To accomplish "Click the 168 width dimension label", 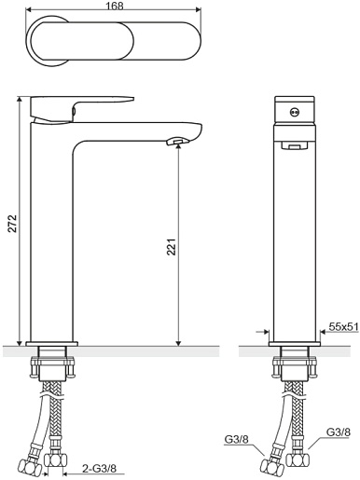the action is pyautogui.click(x=115, y=6).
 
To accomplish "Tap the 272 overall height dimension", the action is pyautogui.click(x=13, y=223).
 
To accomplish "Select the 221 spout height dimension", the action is pyautogui.click(x=172, y=247).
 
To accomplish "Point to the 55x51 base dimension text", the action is pyautogui.click(x=343, y=326).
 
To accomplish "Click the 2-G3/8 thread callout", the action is pyautogui.click(x=99, y=468).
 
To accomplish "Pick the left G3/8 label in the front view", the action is pyautogui.click(x=236, y=439).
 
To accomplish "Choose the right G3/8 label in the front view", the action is pyautogui.click(x=339, y=432).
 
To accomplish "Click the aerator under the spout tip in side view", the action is pyautogui.click(x=177, y=142).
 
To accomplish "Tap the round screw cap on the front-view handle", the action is pyautogui.click(x=294, y=112).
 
